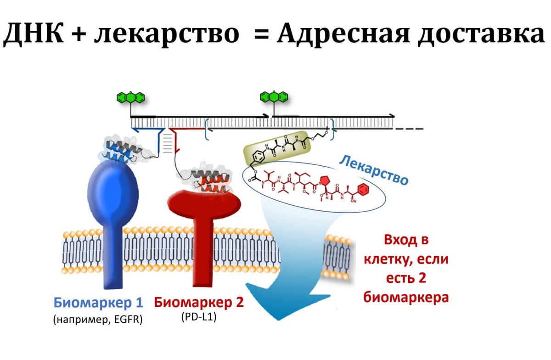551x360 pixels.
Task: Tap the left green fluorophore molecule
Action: pyautogui.click(x=131, y=97)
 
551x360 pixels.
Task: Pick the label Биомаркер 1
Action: pyautogui.click(x=98, y=303)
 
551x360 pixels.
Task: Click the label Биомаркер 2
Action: pyautogui.click(x=199, y=303)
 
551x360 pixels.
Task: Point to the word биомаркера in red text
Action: pyautogui.click(x=405, y=298)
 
